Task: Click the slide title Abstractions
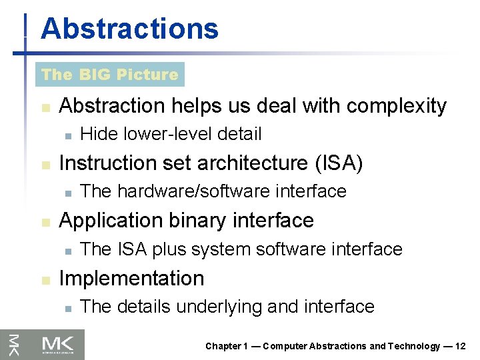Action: [129, 29]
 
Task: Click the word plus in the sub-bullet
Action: [170, 249]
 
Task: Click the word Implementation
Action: [131, 278]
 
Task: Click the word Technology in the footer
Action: [413, 346]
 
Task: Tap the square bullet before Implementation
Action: [45, 279]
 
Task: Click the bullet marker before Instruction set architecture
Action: [45, 164]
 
